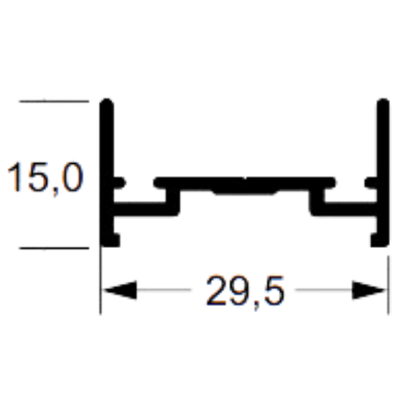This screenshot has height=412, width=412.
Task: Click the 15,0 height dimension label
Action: point(45,178)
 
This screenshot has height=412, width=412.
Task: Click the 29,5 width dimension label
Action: point(245,291)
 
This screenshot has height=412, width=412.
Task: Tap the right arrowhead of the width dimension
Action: point(369,290)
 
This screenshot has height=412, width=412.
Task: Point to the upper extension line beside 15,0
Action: point(54,101)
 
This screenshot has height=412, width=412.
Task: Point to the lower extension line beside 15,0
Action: point(54,248)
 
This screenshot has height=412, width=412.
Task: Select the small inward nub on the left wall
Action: point(120,183)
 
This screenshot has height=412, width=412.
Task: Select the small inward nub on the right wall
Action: point(371,183)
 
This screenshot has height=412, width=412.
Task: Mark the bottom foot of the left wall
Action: point(111,240)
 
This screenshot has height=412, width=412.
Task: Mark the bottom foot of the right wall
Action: point(379,240)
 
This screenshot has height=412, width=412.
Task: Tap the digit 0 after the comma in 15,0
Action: point(72,177)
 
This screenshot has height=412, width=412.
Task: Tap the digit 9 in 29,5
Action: point(239,291)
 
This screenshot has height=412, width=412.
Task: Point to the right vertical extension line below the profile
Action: point(389,285)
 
